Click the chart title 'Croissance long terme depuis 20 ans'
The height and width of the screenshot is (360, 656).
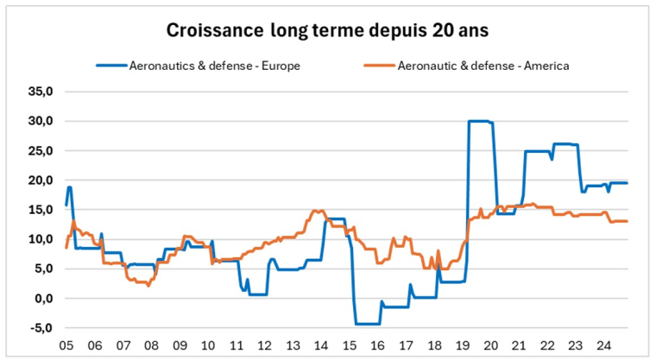[x=327, y=30]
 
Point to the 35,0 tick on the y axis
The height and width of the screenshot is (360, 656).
[x=41, y=91]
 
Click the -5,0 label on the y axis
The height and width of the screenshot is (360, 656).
[x=41, y=328]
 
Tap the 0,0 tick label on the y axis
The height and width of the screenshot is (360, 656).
[x=42, y=299]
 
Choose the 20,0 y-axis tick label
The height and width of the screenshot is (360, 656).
[x=41, y=180]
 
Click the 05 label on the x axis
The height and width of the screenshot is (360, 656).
[x=65, y=343]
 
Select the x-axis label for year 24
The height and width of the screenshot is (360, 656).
[x=603, y=343]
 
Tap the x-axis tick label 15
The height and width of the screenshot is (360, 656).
[x=349, y=343]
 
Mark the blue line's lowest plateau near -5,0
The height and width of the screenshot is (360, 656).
[x=368, y=324]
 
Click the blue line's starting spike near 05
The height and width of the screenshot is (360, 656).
[x=69, y=187]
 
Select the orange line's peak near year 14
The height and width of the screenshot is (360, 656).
[x=318, y=211]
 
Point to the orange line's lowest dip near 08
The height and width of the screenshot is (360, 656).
[x=148, y=285]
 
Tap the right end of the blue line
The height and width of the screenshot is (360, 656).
[x=627, y=183]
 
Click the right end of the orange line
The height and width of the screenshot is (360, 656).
[x=627, y=222]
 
